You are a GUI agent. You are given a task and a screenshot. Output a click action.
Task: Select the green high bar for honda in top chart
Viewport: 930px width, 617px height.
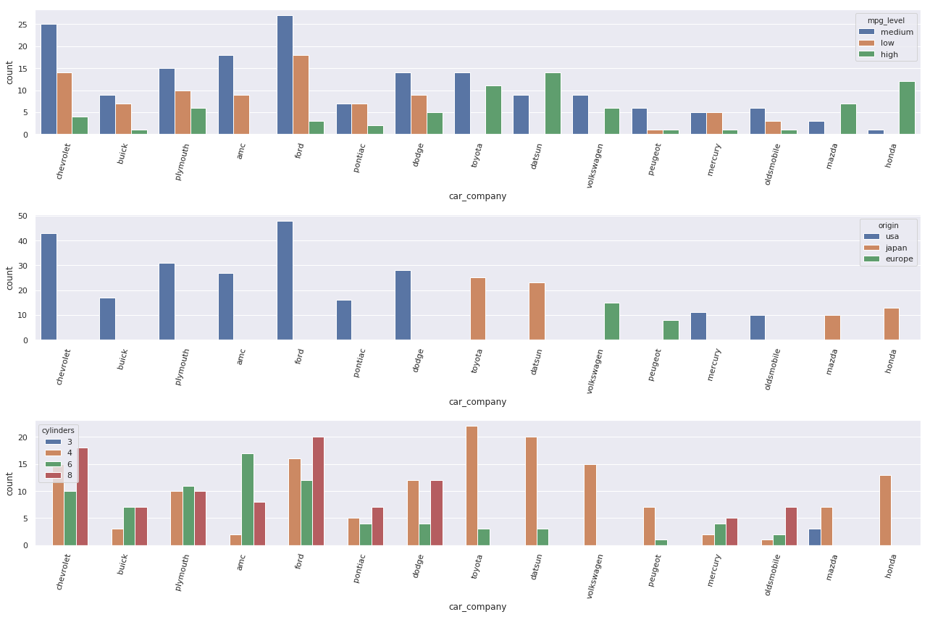point(907,108)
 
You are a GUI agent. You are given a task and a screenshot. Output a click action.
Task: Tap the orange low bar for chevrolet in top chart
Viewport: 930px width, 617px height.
point(64,104)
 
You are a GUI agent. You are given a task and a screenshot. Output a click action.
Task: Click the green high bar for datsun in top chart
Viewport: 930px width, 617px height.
point(552,104)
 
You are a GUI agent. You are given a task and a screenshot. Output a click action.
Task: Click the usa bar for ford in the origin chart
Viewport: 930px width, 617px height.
point(285,281)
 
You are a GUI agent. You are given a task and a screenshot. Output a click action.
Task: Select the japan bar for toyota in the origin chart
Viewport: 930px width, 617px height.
point(478,309)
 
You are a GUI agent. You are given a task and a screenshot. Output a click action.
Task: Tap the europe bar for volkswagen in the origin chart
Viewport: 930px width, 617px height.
point(612,322)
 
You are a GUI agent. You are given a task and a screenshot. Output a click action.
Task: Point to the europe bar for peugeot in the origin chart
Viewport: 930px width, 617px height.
point(671,330)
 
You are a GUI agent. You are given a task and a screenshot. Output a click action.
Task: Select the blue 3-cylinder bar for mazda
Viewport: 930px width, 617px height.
point(815,537)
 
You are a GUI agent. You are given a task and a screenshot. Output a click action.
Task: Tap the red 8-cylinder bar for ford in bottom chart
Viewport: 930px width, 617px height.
point(318,491)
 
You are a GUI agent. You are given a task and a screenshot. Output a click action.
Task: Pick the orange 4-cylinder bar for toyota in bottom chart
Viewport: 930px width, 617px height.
point(472,486)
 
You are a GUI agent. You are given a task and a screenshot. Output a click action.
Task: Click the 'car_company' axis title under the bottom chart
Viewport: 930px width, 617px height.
point(477,607)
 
